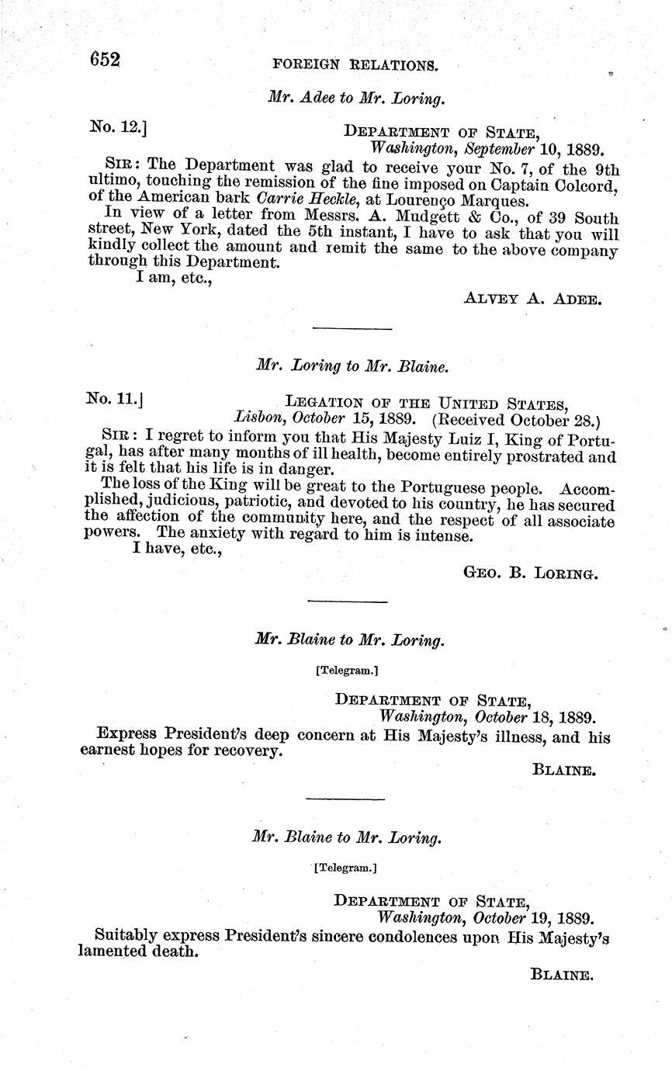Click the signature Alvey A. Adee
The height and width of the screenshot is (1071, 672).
532,298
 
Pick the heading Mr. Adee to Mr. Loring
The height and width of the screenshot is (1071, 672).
356,98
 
